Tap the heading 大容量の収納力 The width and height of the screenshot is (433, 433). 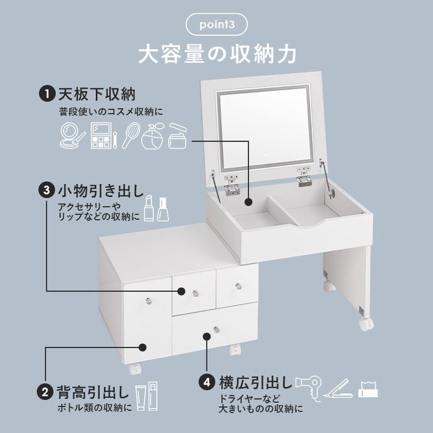(x=217, y=54)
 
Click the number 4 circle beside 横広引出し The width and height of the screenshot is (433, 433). (x=207, y=382)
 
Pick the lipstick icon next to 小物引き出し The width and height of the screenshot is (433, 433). (x=148, y=209)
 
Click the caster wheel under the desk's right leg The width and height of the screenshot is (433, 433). (x=366, y=323)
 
